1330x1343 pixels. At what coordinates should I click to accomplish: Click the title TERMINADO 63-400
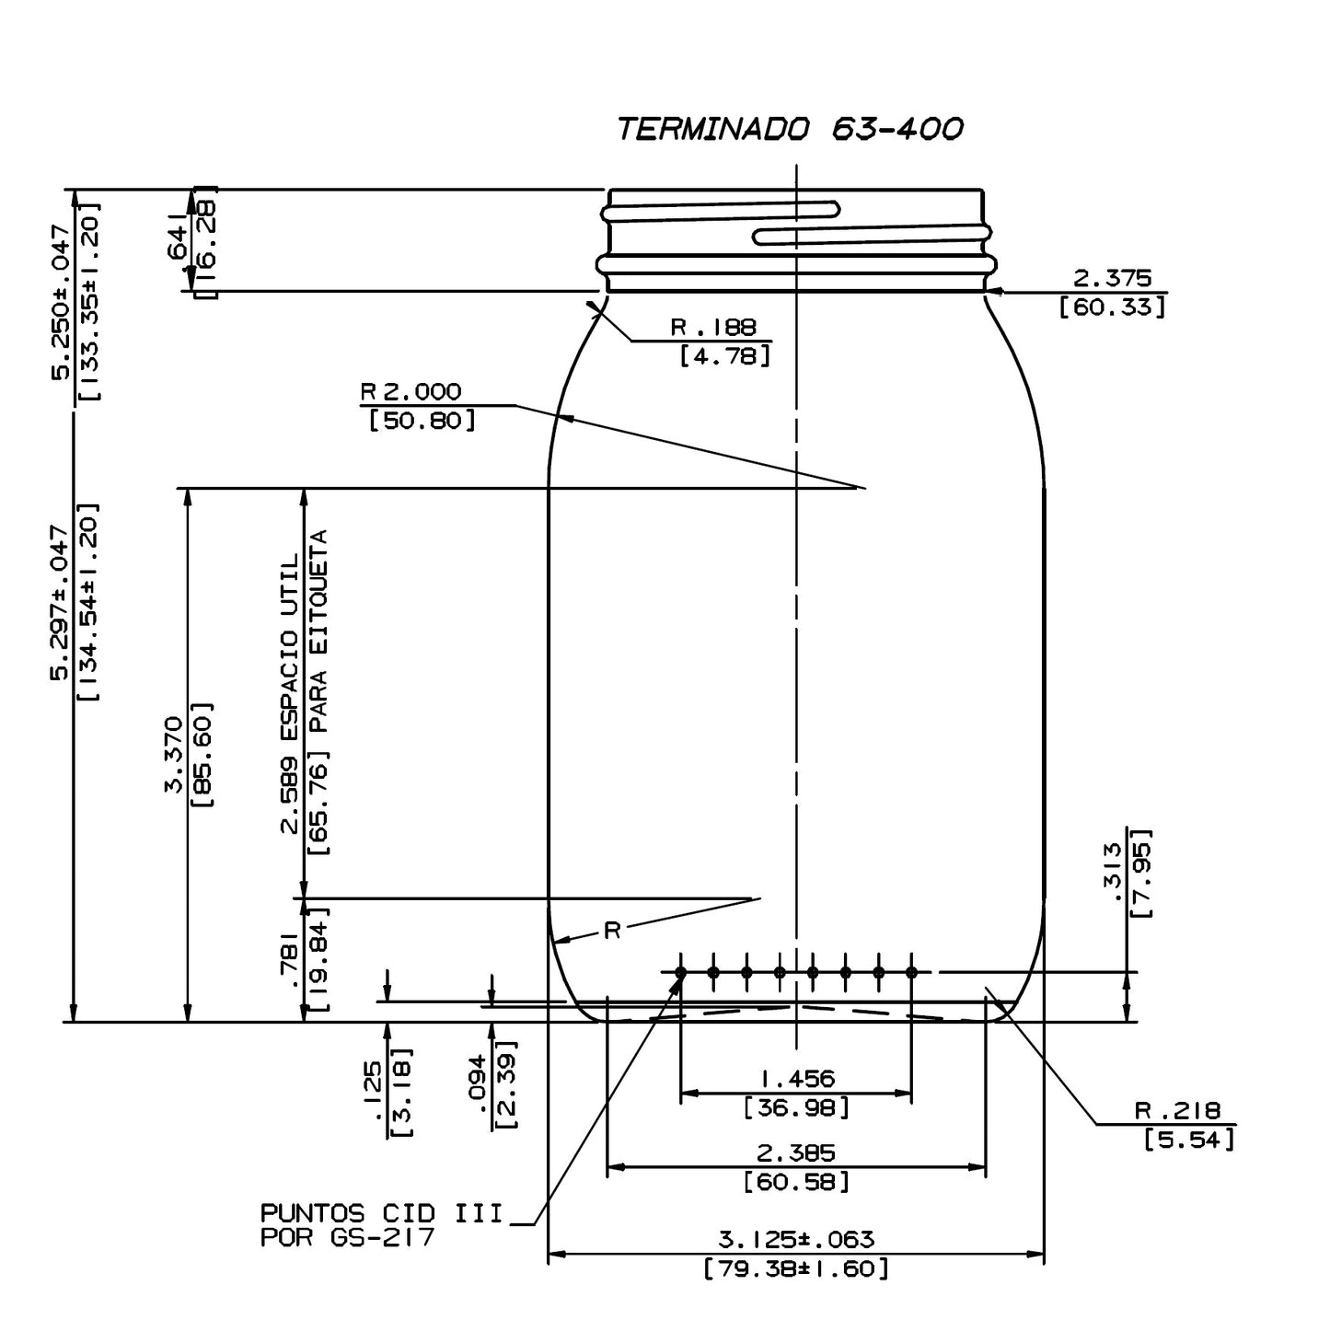790,129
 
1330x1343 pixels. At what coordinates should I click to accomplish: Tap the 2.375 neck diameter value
1113,278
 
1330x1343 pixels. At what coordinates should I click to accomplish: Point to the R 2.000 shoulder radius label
411,392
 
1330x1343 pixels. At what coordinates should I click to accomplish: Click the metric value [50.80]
422,422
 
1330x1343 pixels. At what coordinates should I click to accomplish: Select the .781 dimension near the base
290,959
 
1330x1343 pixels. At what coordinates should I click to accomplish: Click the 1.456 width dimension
796,1078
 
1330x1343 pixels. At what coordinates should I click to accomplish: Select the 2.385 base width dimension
796,1152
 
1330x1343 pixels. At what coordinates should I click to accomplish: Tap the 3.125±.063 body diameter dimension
796,1239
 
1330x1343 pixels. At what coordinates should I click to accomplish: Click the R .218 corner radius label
1177,1111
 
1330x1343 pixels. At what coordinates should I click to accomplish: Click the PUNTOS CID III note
382,1213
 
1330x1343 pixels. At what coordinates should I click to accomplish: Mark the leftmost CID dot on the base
681,972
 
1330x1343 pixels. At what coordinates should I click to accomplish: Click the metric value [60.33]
1113,307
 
